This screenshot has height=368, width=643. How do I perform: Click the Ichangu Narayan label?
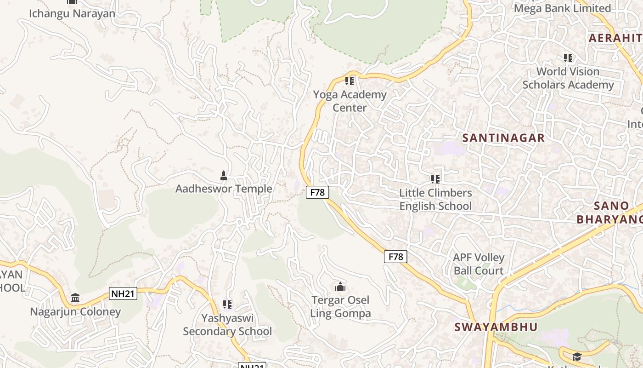point(72,13)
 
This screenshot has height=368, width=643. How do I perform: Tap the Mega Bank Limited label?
point(562,8)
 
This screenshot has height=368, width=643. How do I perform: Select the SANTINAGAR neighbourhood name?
point(503,138)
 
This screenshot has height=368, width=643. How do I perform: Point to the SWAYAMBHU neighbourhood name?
point(496,327)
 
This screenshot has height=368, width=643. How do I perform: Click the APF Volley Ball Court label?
point(479,264)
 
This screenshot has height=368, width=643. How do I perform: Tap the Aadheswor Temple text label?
point(224,189)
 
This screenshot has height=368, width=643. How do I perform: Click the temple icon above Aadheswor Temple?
point(224,175)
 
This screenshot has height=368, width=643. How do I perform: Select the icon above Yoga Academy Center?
point(350,81)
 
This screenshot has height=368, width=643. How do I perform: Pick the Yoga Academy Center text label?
point(350,101)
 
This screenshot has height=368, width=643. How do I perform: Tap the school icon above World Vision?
point(568,58)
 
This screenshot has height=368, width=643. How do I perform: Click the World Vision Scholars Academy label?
point(568,78)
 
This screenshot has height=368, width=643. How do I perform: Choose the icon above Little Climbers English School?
point(435,179)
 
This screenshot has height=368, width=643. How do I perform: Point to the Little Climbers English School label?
point(435,199)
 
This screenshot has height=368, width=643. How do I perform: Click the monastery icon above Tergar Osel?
point(340,287)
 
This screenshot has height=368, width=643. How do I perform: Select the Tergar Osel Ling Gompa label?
point(340,307)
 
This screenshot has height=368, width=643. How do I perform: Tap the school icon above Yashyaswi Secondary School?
point(227,304)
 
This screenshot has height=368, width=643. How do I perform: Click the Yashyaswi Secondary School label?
point(227,324)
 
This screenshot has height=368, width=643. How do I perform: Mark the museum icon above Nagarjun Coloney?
point(75,298)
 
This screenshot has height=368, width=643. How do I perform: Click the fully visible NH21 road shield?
point(123,293)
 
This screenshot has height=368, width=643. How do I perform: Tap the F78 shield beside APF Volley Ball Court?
point(395,257)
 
